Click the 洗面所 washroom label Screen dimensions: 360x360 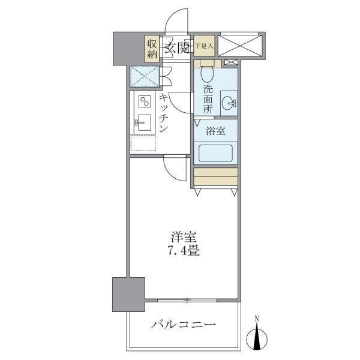pos(208,99)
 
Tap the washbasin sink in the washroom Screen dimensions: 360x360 pos(228,103)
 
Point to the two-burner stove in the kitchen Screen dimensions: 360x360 pos(145,102)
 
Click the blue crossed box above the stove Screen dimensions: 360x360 pos(145,76)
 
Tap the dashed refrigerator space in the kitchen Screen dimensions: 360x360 pos(144,143)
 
